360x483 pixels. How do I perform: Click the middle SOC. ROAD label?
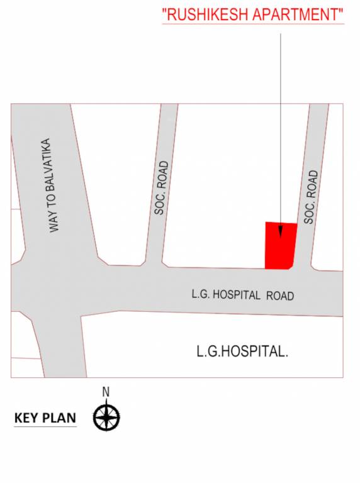pos(161,188)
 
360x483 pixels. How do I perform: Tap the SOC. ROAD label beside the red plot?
pos(310,197)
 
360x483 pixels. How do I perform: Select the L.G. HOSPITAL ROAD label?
pos(242,294)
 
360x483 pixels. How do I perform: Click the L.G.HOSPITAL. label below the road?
pos(242,352)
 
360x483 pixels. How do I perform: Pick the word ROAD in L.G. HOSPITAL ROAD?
pos(279,295)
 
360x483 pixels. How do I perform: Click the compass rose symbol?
pos(106,416)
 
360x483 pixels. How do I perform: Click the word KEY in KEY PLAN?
pos(25,418)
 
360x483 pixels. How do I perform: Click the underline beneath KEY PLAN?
pos(45,427)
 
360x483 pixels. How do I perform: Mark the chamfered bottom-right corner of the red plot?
pos(291,266)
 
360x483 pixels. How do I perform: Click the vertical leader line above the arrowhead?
pos(280,126)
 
